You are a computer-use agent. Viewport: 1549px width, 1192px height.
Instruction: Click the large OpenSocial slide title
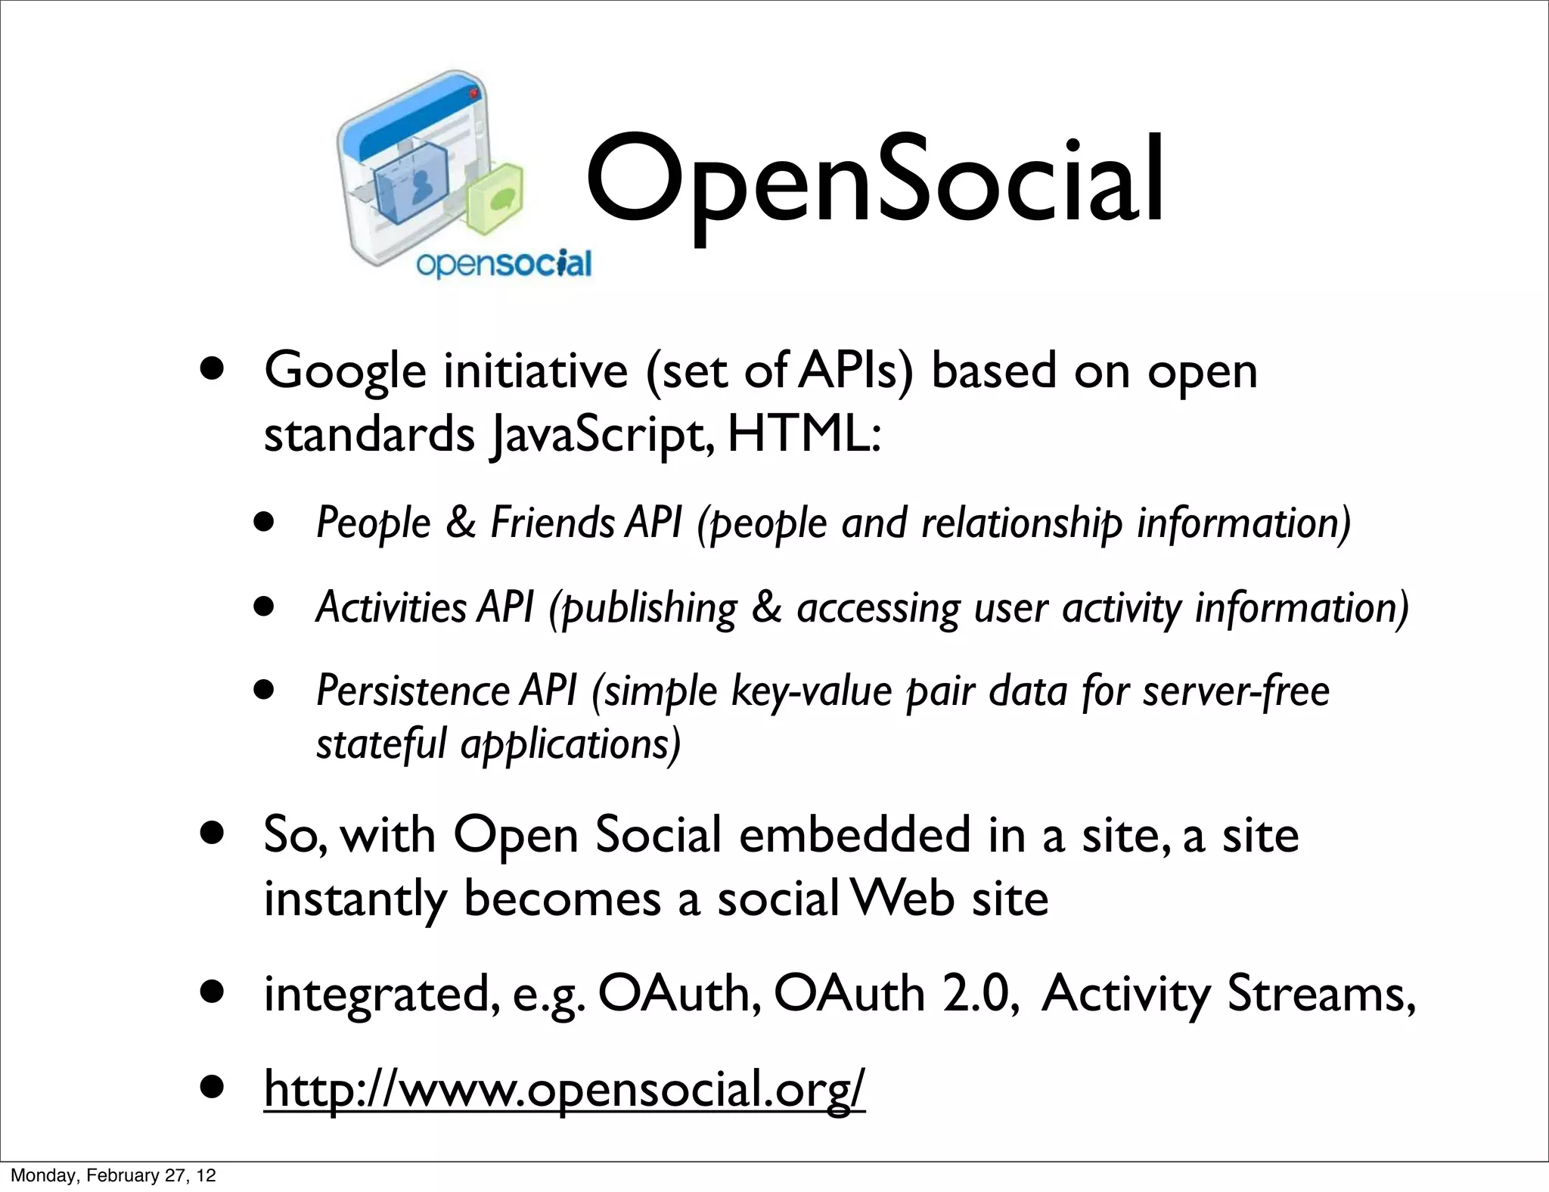(874, 182)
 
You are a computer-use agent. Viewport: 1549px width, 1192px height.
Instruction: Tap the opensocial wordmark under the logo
(504, 265)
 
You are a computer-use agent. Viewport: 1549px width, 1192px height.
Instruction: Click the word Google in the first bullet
(345, 372)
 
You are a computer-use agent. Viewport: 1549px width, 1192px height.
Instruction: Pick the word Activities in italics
(391, 607)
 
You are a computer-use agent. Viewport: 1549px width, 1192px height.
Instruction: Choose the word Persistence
(412, 691)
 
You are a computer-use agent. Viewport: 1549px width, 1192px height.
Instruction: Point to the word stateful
(381, 744)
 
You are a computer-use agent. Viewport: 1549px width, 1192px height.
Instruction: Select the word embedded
(854, 836)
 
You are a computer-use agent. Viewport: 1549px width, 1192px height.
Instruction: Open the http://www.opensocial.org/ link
(563, 1089)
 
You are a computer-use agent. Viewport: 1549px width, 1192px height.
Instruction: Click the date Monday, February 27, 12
(113, 1176)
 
